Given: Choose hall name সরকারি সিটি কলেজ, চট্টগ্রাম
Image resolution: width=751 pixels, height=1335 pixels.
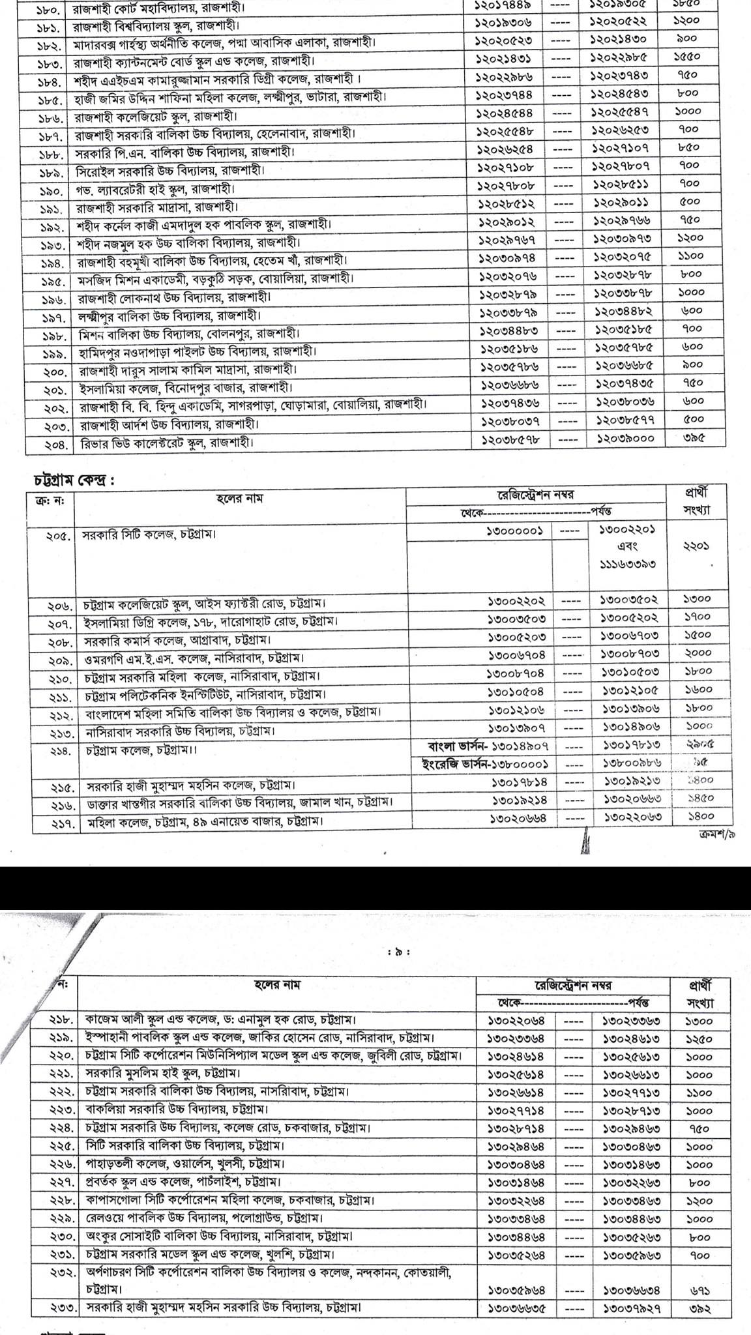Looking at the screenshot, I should click(149, 535).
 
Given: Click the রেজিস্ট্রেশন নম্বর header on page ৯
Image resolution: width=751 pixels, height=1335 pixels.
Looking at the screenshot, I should click(573, 986).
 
